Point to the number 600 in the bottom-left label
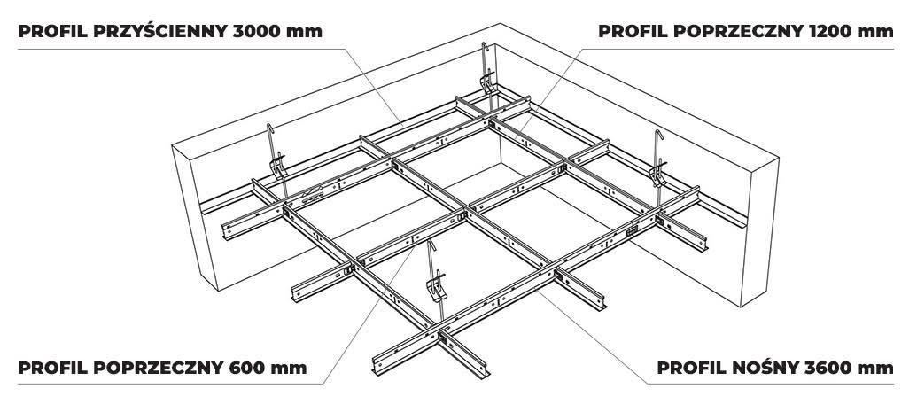pyautogui.click(x=250, y=366)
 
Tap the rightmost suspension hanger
pyautogui.click(x=660, y=164)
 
